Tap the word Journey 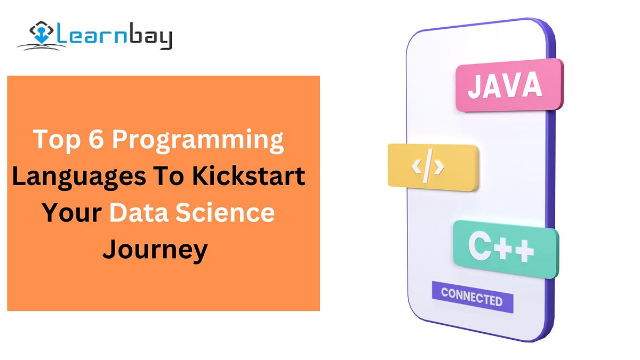click(x=155, y=250)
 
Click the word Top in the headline click(x=54, y=140)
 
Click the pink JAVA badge click(x=509, y=85)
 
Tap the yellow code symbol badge click(x=433, y=166)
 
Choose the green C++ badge click(x=505, y=249)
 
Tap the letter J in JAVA click(x=475, y=86)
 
